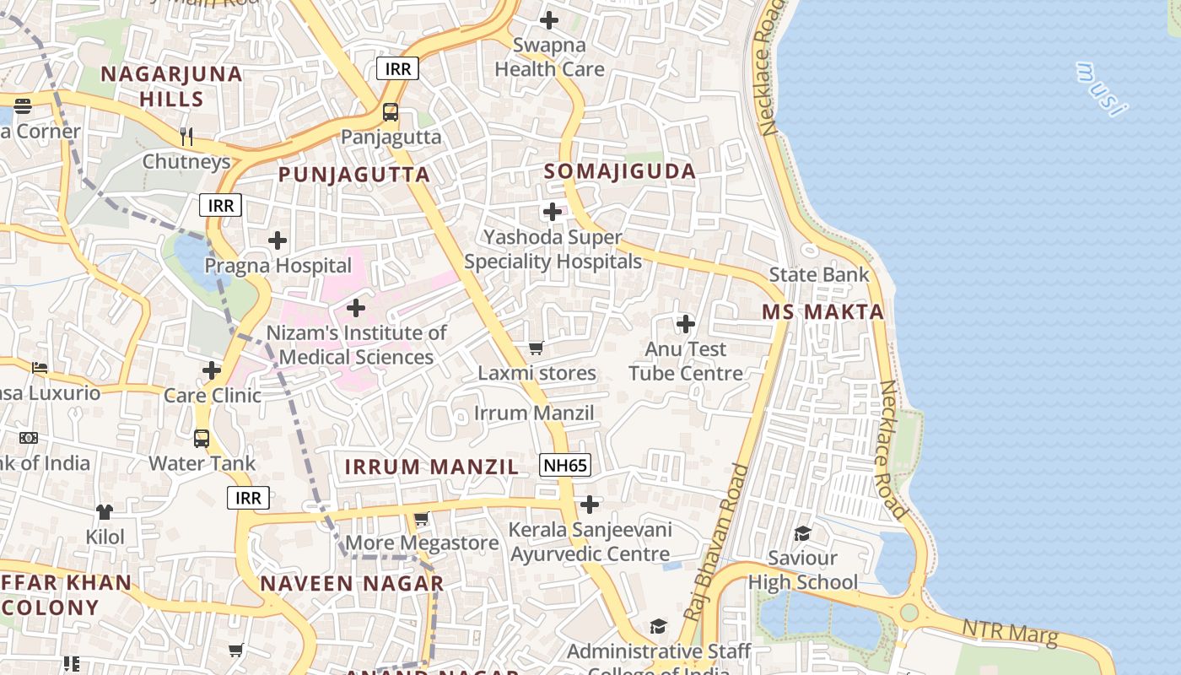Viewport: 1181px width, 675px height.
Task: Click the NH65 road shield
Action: pyautogui.click(x=565, y=464)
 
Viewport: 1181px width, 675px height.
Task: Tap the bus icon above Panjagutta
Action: pyautogui.click(x=391, y=111)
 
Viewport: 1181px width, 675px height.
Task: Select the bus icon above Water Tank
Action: pyautogui.click(x=202, y=438)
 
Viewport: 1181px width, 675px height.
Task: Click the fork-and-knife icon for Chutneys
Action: pyautogui.click(x=187, y=136)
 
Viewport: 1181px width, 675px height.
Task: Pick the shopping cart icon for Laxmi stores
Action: pyautogui.click(x=537, y=348)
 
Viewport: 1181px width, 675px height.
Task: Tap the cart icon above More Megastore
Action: pyautogui.click(x=422, y=518)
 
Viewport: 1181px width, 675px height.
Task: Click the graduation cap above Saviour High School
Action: pyautogui.click(x=802, y=533)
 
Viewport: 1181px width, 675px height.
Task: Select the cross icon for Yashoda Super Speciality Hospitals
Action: pyautogui.click(x=553, y=211)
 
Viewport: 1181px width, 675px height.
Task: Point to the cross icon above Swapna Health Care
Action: pyautogui.click(x=549, y=20)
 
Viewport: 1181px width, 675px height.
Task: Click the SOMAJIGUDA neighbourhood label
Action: pyautogui.click(x=620, y=171)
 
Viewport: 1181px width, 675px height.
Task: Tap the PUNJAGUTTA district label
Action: pyautogui.click(x=354, y=175)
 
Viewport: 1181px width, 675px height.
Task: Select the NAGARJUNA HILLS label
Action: pyautogui.click(x=172, y=86)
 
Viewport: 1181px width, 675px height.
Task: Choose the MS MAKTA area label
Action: pyautogui.click(x=823, y=311)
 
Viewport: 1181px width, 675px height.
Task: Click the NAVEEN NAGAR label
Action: pyautogui.click(x=352, y=583)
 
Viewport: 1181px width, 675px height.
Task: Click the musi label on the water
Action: pyautogui.click(x=1102, y=89)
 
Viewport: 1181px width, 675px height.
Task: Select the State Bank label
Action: pyautogui.click(x=818, y=274)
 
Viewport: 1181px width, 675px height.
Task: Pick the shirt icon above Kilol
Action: pyautogui.click(x=105, y=511)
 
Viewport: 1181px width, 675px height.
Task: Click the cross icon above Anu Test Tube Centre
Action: pyautogui.click(x=686, y=323)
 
